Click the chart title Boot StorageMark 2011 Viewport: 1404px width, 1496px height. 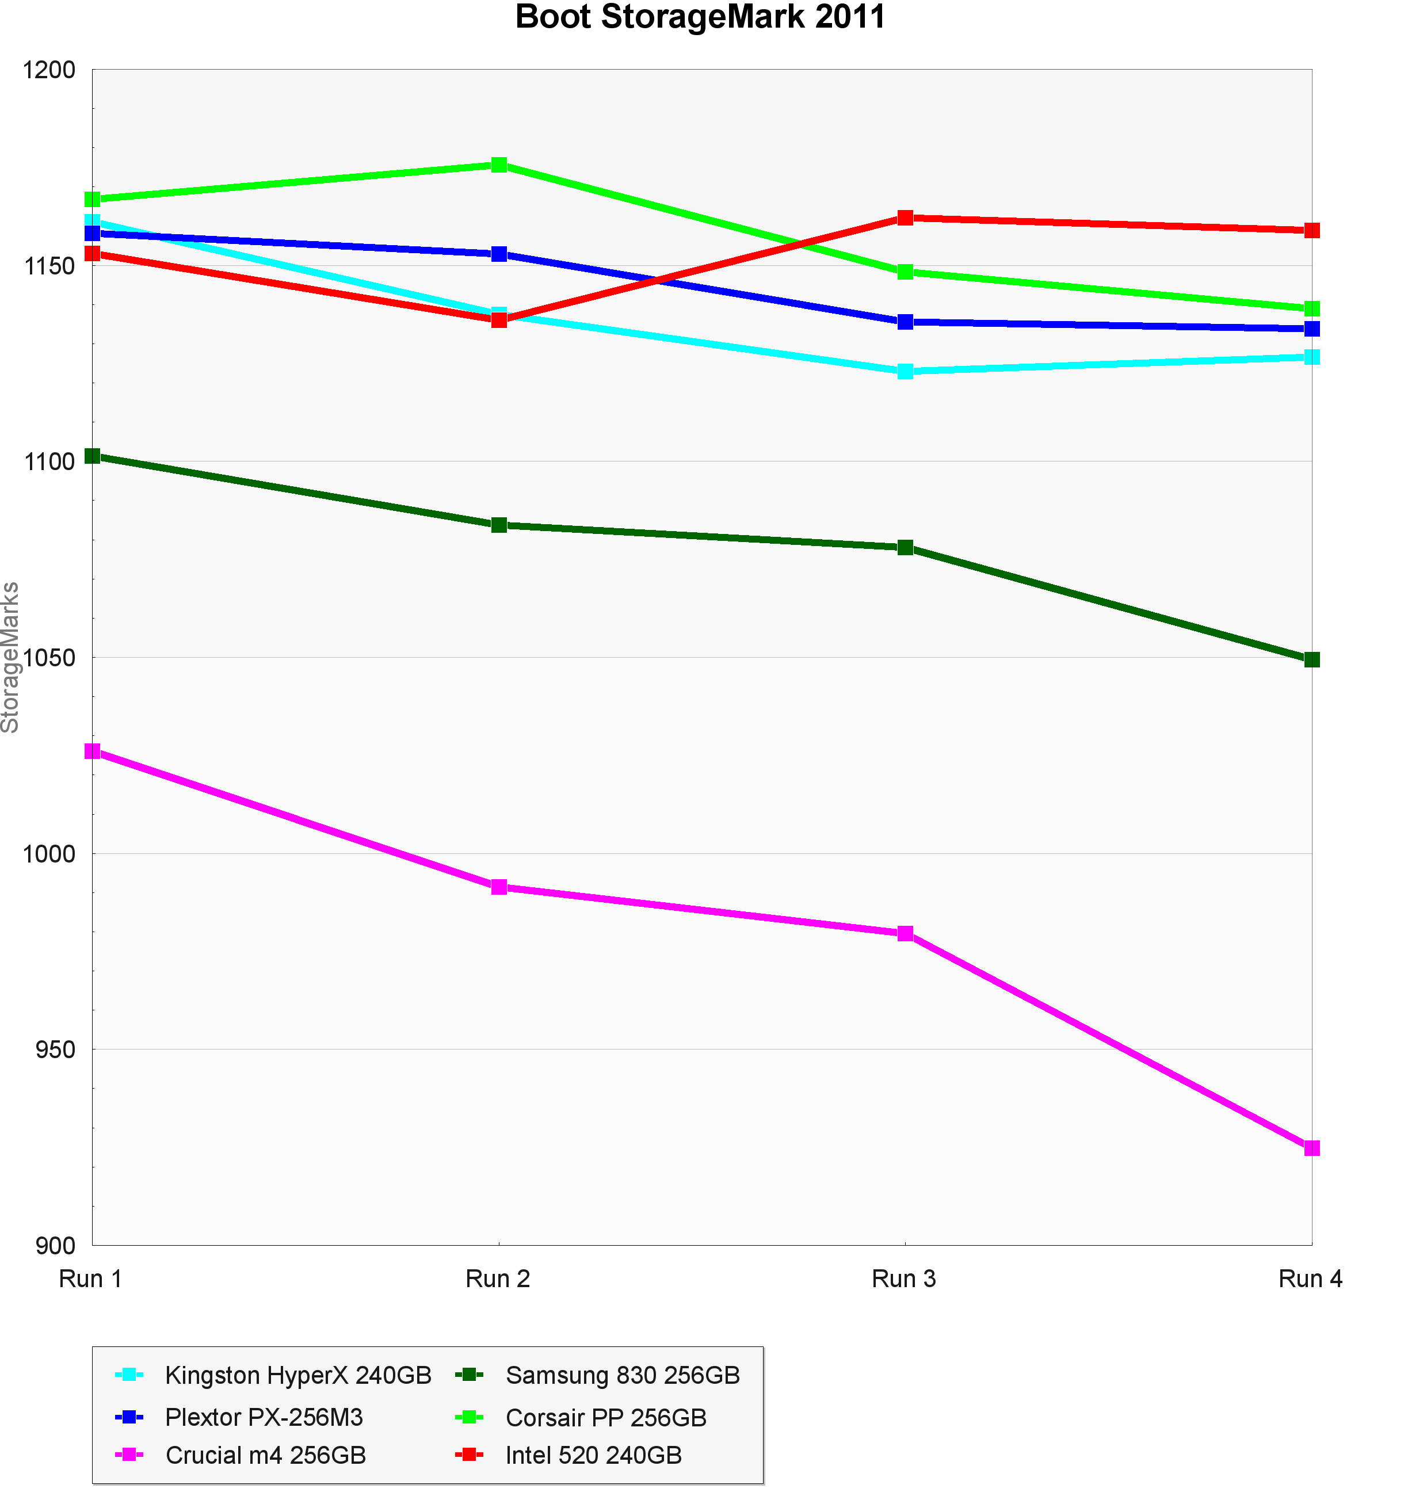[700, 17]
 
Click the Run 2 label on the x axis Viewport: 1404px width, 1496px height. [498, 1279]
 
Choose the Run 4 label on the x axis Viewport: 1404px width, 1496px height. [1310, 1279]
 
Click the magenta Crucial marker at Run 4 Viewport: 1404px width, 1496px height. [1311, 1148]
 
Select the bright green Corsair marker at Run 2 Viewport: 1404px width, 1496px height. [499, 165]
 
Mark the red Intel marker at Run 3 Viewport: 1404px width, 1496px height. [905, 218]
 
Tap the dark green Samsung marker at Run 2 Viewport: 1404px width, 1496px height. [499, 525]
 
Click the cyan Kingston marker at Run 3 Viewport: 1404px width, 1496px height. [905, 372]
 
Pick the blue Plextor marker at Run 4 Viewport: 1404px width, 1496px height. [1311, 329]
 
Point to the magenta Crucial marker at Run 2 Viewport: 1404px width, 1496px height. [499, 887]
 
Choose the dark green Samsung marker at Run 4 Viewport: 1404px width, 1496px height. [1311, 660]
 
